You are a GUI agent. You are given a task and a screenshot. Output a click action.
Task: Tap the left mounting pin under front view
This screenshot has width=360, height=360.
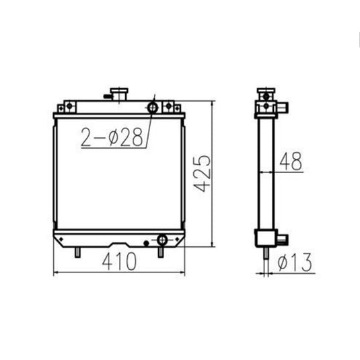click(x=79, y=251)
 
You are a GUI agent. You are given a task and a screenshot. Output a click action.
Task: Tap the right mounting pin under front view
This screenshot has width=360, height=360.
click(x=160, y=251)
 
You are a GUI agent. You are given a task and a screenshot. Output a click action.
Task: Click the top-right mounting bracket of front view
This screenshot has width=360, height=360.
click(x=172, y=106)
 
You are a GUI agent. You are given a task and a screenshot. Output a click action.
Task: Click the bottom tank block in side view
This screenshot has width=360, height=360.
click(x=266, y=238)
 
